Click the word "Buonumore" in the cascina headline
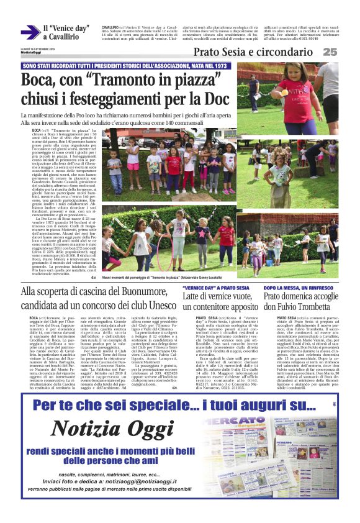pyautogui.click(x=143, y=291)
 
